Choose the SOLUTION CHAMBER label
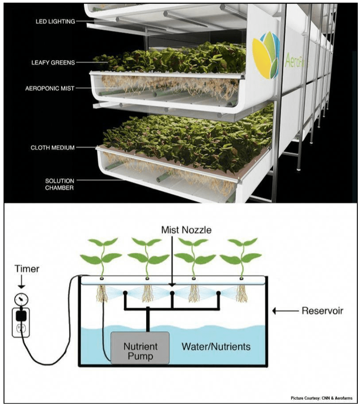click(x=60, y=184)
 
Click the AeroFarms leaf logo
click(x=266, y=55)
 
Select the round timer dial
click(x=20, y=299)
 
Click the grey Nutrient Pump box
click(x=139, y=347)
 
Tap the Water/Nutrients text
click(x=216, y=346)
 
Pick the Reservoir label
click(x=322, y=311)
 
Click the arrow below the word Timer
click(x=19, y=282)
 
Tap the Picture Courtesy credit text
click(x=321, y=398)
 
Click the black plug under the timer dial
click(x=20, y=314)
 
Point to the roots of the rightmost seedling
click(x=242, y=293)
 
